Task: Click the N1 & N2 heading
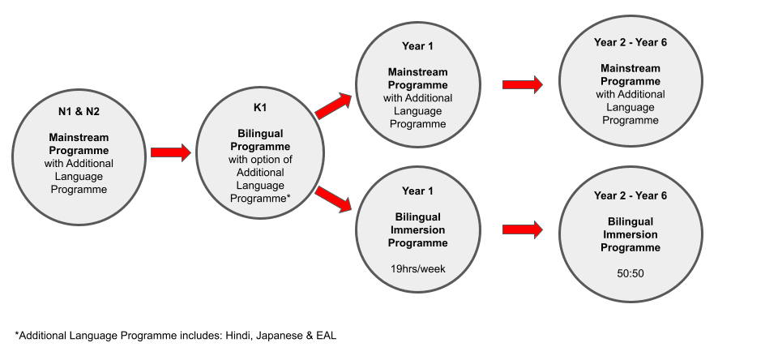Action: point(79,112)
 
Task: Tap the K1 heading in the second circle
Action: point(260,108)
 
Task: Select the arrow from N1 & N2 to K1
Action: point(171,152)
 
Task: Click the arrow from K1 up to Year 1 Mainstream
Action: point(333,105)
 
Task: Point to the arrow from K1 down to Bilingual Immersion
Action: point(333,199)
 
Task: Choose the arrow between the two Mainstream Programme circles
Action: point(523,84)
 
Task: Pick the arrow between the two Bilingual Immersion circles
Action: point(523,229)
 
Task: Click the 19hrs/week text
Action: point(418,269)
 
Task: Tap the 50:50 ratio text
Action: point(631,273)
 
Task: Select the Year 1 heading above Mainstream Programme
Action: point(418,46)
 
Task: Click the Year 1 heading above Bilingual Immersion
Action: point(418,191)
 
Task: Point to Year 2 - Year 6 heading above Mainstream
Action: point(631,42)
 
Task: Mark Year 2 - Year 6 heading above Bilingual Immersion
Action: point(631,195)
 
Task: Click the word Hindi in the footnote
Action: point(238,336)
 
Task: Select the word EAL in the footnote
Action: point(327,336)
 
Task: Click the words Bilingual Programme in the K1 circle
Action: point(260,140)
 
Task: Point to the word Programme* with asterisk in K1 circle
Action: point(260,199)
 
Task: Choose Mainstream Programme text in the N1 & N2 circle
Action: point(79,144)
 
